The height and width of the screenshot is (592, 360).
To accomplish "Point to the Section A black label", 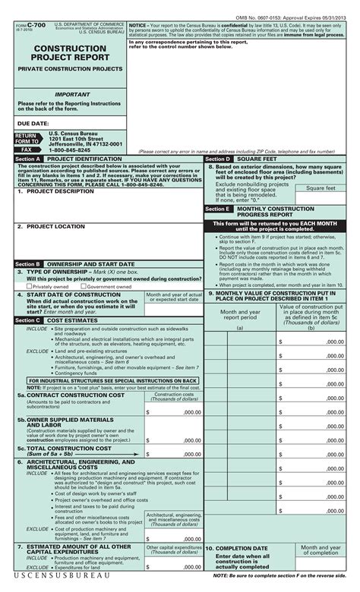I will pyautogui.click(x=28, y=159).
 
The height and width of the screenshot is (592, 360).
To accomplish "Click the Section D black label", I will pyautogui.click(x=216, y=159).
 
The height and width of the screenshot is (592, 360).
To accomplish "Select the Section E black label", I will pyautogui.click(x=216, y=208).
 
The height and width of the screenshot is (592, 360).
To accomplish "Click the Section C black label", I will pyautogui.click(x=28, y=320).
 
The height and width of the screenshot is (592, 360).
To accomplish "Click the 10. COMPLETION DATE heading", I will pyautogui.click(x=239, y=547).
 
